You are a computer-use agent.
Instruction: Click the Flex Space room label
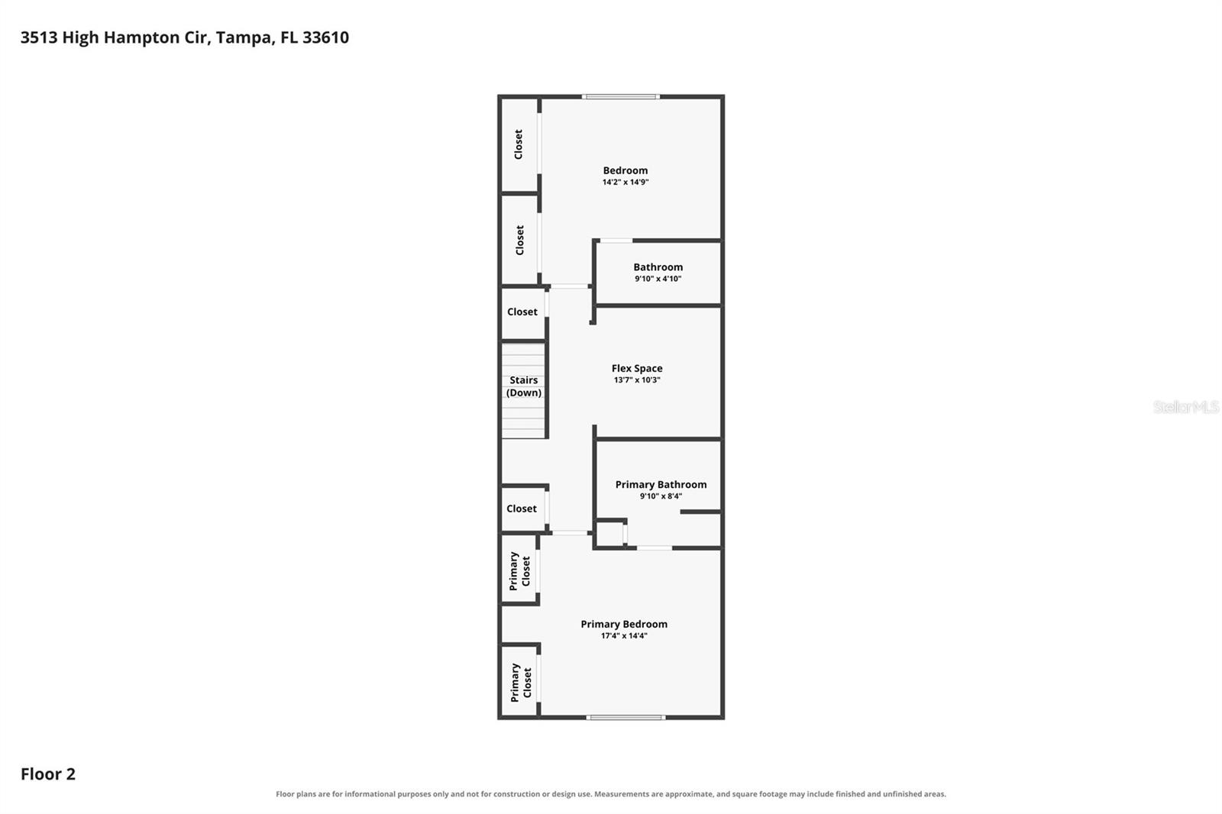coord(637,368)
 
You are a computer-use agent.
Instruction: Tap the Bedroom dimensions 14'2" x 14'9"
coord(626,183)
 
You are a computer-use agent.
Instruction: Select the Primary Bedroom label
coord(623,624)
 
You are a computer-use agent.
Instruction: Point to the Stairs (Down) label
coord(524,386)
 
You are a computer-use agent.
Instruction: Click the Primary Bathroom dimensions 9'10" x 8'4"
coord(661,496)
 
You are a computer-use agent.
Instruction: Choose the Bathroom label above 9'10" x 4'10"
coord(658,266)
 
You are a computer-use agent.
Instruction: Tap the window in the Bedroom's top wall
coord(621,97)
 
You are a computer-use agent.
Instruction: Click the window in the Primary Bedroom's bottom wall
coord(626,718)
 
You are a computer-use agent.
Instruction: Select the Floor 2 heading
coord(48,774)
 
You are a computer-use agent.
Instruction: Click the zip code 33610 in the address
coord(325,37)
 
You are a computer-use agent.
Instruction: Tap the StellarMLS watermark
coord(1186,407)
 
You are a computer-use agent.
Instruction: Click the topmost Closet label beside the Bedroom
coord(519,144)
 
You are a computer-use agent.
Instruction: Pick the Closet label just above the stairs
coord(522,312)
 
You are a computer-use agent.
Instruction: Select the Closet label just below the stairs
coord(522,509)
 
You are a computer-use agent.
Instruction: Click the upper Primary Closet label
coord(519,570)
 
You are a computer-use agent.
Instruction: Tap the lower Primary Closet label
coord(520,682)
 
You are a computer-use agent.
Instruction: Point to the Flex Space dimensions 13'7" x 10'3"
coord(637,380)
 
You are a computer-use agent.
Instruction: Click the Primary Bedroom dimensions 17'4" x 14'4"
coord(624,636)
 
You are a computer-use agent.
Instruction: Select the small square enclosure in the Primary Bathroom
coord(610,534)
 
